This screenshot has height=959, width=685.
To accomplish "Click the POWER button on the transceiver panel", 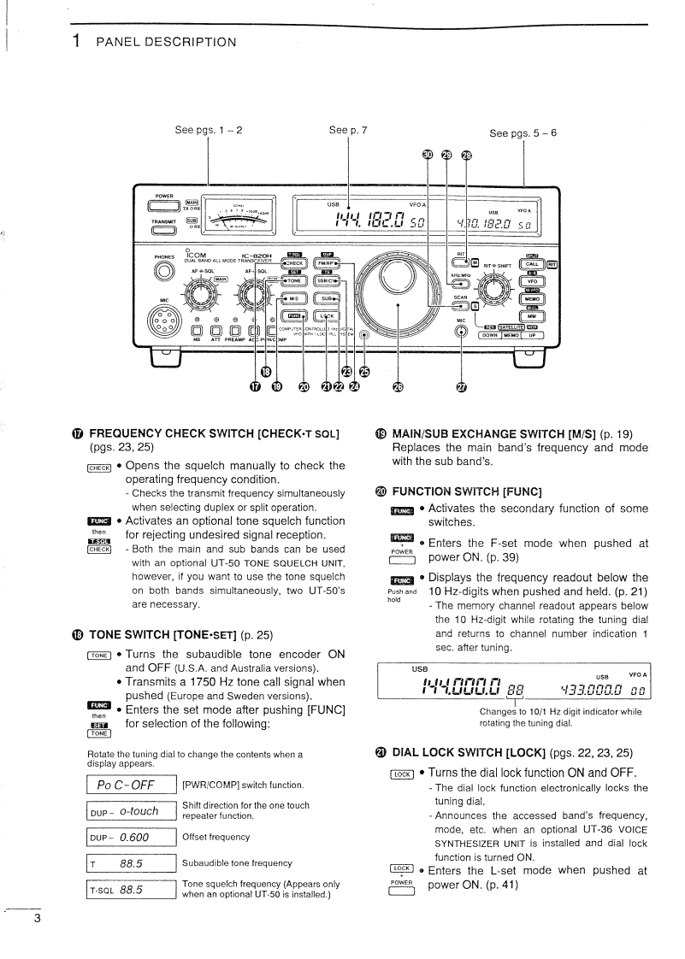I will coord(162,206).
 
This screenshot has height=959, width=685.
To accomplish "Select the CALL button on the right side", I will coord(532,264).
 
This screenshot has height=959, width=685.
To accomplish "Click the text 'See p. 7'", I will coord(348,131).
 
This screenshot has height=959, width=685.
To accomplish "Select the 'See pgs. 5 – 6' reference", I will coord(523,133).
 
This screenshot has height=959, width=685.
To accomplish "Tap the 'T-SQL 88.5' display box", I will coord(132,890).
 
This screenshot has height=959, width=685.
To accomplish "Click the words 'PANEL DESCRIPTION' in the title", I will coord(166,41).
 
